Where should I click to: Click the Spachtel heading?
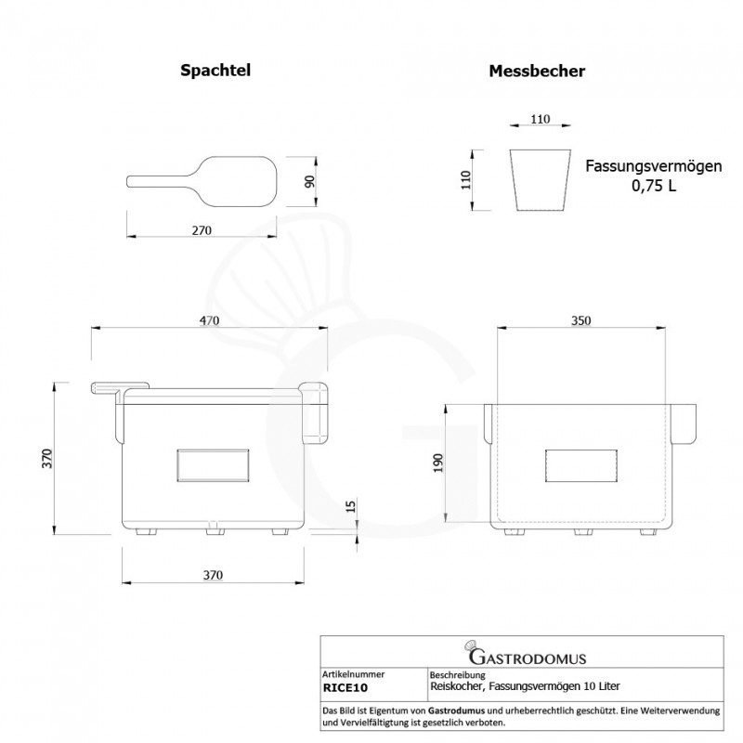[x=215, y=70]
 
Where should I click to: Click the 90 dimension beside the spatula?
[x=313, y=180]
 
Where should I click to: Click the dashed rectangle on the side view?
[x=581, y=464]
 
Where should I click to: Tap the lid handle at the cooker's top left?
[x=118, y=386]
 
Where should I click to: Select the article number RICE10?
[x=345, y=688]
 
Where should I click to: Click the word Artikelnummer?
[x=352, y=674]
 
